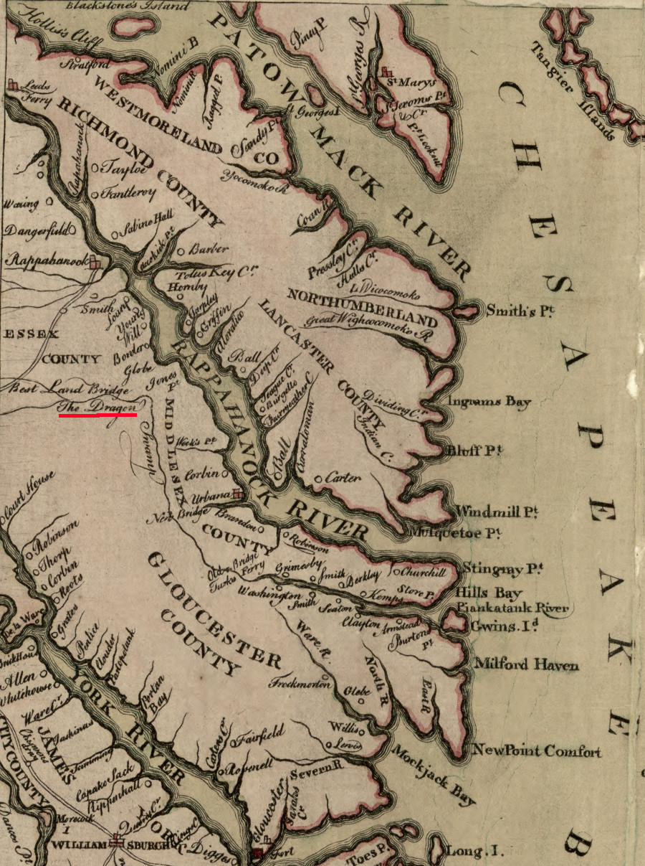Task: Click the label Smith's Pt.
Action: (521, 311)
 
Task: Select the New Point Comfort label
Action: (537, 751)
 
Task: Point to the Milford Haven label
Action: (527, 665)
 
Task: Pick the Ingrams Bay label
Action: (489, 403)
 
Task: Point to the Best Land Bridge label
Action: (70, 390)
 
